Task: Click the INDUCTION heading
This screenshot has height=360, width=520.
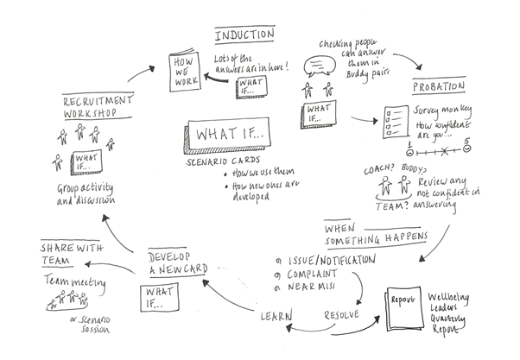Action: point(244,35)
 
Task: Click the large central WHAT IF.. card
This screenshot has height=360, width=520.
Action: point(222,138)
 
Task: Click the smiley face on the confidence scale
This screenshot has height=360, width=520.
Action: point(467,150)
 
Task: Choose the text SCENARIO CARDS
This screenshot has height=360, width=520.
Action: point(216,164)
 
